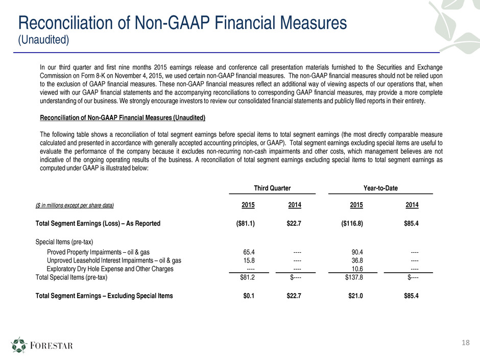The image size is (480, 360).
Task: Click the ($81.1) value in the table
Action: point(245,224)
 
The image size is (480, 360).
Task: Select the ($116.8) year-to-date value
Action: point(352,224)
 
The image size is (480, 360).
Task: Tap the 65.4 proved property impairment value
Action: point(249,252)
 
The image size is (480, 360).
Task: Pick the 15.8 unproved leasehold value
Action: point(249,260)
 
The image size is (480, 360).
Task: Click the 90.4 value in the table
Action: point(357,252)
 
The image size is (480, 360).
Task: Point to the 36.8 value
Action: point(357,260)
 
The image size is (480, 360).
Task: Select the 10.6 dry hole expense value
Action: point(357,269)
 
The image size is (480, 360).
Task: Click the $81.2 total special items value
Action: point(247,277)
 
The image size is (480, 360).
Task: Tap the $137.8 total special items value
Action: point(354,277)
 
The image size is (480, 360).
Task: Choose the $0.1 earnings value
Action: point(249,296)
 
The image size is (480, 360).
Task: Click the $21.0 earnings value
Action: point(355,296)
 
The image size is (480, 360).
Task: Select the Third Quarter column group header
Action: point(272,188)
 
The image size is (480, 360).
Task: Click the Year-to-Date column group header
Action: point(380,188)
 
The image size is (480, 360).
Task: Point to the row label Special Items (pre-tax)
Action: point(64,242)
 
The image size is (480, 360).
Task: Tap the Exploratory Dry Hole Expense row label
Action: point(110,269)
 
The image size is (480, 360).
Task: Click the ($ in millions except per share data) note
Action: point(75,205)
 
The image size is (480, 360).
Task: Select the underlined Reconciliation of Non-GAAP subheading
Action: point(123,118)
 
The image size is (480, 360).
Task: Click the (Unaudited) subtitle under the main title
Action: point(43,40)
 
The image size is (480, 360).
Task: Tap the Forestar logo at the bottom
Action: point(42,345)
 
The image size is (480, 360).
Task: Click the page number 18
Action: point(465,343)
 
